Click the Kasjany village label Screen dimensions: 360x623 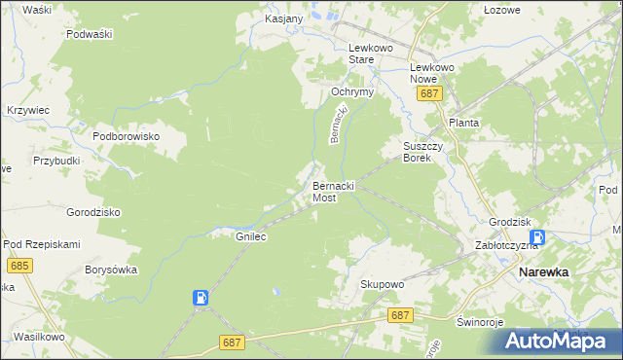click(284, 18)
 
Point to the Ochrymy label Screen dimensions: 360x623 click(353, 91)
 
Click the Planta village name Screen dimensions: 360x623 click(463, 124)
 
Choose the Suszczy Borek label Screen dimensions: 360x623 click(423, 152)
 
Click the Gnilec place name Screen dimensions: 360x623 click(251, 236)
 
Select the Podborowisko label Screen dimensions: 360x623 click(126, 137)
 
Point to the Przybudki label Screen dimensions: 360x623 click(55, 162)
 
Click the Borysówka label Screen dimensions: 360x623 click(111, 270)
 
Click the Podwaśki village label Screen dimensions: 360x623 click(91, 33)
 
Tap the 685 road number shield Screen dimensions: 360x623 click(18, 265)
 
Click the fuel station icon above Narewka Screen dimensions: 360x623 click(537, 237)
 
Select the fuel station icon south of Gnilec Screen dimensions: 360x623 click(201, 298)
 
